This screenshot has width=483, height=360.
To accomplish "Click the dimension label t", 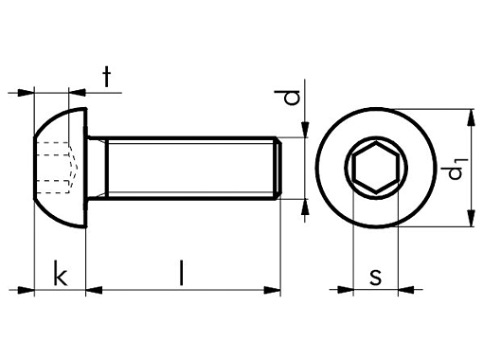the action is [x=107, y=77].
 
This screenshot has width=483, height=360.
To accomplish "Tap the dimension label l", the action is [x=181, y=273].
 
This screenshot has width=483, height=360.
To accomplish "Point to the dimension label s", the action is [x=375, y=277].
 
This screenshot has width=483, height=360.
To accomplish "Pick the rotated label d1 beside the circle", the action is [x=455, y=170].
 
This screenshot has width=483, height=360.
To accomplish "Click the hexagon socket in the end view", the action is [x=376, y=168].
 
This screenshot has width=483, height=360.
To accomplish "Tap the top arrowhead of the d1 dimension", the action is [x=471, y=118].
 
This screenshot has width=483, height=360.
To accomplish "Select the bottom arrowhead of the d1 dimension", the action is [x=471, y=218].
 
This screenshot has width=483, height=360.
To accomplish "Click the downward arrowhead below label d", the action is [x=305, y=130].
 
